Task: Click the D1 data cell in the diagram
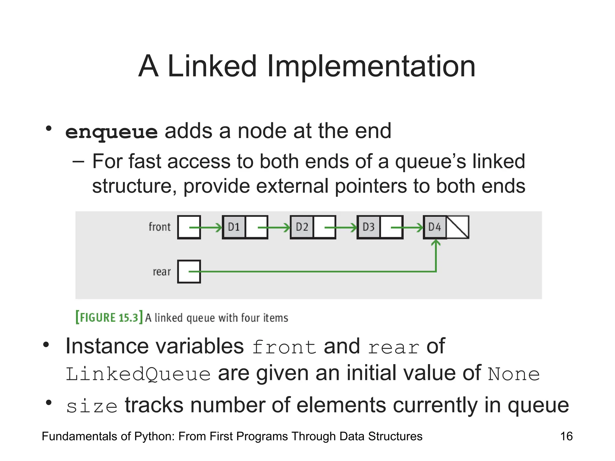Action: tap(234, 227)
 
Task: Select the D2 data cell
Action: tap(302, 227)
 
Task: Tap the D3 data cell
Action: tap(368, 227)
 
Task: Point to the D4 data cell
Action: tap(435, 227)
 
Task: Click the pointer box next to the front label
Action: tap(189, 227)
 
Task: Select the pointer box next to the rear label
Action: tap(189, 272)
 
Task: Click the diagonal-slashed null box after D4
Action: tap(458, 227)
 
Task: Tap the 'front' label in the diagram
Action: tap(159, 227)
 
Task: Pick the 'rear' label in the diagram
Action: tap(162, 272)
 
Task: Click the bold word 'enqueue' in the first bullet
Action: tap(111, 132)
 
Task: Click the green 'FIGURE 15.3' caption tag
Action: tap(109, 318)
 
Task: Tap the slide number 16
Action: tap(566, 436)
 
